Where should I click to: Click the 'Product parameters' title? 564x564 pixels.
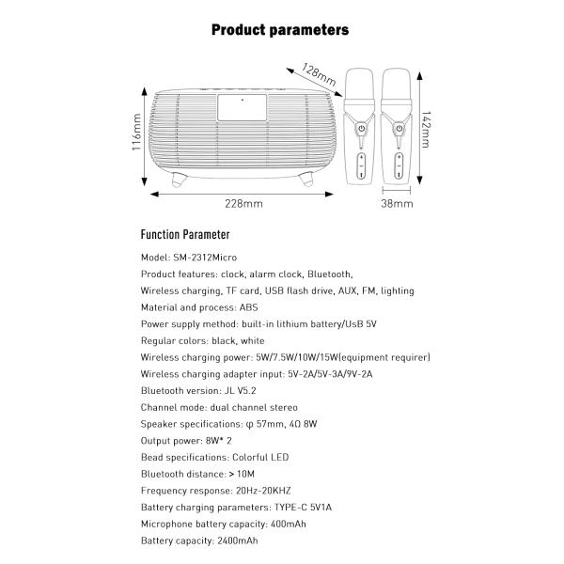pos(280,29)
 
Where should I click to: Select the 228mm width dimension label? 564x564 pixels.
pos(244,203)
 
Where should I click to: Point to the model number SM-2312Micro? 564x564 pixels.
pos(204,258)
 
